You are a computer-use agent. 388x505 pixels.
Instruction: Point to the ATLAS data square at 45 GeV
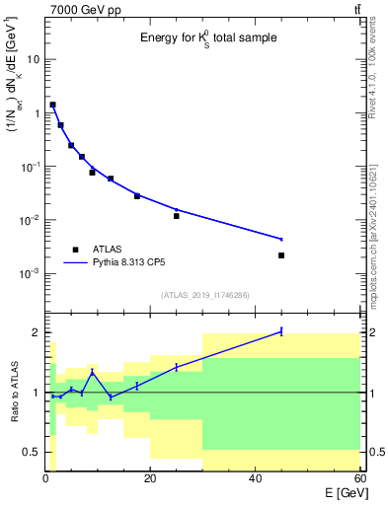[x=281, y=255]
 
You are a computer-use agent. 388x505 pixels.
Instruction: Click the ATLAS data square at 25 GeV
[x=177, y=216]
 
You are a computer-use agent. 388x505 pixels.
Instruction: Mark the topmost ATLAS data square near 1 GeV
[x=52, y=105]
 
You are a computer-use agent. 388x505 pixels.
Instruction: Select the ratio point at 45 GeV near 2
[x=281, y=331]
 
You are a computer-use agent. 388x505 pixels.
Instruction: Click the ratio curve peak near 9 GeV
[x=92, y=372]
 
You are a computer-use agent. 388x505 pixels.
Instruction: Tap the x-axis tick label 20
[x=150, y=480]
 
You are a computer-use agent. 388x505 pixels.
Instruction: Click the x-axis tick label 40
[x=255, y=480]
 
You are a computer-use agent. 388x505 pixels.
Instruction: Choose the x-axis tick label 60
[x=358, y=480]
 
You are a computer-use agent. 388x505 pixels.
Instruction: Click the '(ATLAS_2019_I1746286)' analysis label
[x=203, y=295]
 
